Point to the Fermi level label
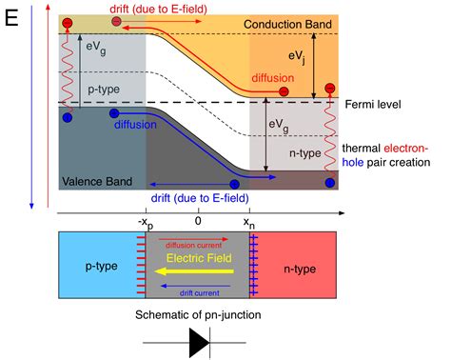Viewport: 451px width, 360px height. click(386, 102)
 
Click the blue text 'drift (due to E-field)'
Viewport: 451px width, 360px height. click(197, 197)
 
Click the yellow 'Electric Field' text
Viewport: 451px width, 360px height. click(198, 257)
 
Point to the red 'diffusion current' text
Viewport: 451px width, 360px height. click(198, 242)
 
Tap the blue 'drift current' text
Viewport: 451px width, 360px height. click(198, 284)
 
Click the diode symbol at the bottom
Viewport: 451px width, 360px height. click(200, 342)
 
